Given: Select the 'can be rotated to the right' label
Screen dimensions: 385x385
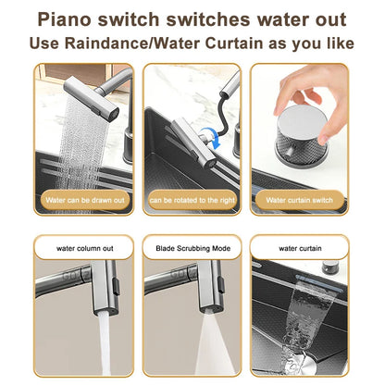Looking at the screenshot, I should pyautogui.click(x=192, y=199).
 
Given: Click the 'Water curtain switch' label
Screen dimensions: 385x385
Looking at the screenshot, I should pyautogui.click(x=300, y=199).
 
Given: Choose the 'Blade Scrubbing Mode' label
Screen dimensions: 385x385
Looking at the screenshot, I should pyautogui.click(x=192, y=248).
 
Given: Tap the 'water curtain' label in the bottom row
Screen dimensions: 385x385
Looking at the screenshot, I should pyautogui.click(x=300, y=248).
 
